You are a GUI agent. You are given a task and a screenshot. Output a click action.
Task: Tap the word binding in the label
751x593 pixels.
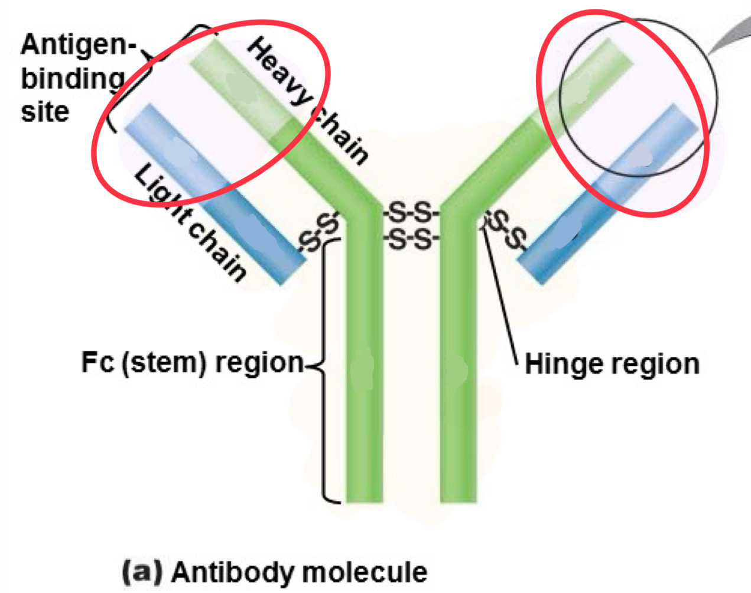click(72, 79)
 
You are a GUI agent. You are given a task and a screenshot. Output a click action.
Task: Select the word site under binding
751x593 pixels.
click(45, 111)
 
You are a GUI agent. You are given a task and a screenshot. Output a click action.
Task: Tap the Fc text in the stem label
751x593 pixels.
click(98, 362)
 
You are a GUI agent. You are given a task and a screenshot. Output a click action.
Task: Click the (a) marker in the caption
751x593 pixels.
click(142, 572)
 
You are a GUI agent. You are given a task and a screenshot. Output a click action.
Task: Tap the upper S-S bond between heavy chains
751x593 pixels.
click(411, 212)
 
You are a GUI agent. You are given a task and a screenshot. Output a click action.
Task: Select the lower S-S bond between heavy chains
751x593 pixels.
click(411, 239)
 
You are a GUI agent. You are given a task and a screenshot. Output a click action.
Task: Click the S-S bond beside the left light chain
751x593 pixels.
click(319, 233)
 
